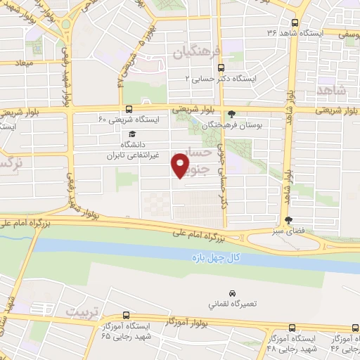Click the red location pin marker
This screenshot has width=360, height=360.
(x=180, y=165)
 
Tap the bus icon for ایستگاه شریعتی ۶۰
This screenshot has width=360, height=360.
(x=128, y=109)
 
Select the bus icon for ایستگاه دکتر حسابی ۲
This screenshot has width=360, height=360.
(x=222, y=68)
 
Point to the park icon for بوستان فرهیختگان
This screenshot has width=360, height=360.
(x=232, y=112)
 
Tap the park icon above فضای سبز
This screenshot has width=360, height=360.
(x=288, y=220)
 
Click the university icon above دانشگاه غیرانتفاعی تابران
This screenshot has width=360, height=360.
(x=131, y=134)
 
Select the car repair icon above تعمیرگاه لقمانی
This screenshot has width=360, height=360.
(x=231, y=293)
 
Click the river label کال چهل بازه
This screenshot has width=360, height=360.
(x=219, y=258)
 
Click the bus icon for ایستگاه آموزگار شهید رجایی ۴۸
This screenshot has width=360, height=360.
(x=292, y=328)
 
